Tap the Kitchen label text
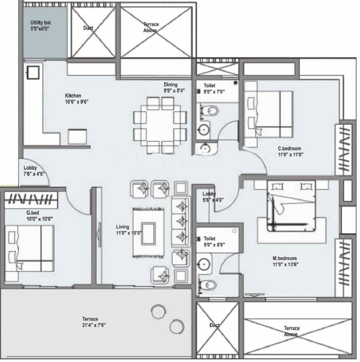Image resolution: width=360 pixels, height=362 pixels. point(73,96)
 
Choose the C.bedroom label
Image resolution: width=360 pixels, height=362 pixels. point(289,148)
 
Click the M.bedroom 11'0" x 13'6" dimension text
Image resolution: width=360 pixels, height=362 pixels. point(286,264)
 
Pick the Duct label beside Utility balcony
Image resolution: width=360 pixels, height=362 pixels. point(88,28)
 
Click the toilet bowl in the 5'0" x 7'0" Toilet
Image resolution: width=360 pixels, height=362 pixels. point(212,111)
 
